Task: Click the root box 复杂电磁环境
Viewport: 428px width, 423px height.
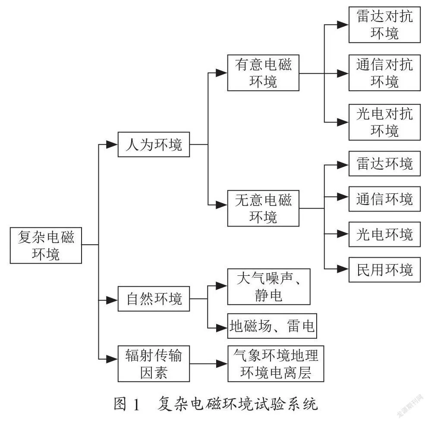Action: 46,245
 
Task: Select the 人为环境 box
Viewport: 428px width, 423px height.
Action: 154,145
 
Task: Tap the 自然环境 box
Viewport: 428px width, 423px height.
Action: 154,299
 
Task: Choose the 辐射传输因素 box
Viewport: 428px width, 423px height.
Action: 154,363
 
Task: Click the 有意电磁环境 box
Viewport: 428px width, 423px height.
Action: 263,73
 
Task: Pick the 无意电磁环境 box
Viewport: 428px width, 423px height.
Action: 263,208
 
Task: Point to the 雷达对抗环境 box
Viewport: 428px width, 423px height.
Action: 384,25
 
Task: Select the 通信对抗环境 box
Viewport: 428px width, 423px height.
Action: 384,73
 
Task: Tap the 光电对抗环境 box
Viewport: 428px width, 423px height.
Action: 384,122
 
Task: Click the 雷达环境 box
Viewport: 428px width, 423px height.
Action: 384,164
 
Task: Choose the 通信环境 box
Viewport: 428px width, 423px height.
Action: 384,199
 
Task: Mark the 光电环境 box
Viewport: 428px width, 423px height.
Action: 384,234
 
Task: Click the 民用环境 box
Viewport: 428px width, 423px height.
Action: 384,269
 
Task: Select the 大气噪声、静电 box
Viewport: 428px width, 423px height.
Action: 269,287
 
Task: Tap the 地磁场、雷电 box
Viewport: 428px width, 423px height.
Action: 272,326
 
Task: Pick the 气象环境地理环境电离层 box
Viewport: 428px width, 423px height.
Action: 276,363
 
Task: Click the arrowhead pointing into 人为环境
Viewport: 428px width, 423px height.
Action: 112,145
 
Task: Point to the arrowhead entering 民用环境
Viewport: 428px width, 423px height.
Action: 343,269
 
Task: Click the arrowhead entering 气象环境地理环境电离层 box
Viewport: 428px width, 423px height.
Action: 222,364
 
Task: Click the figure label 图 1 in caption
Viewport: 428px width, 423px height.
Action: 127,404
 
